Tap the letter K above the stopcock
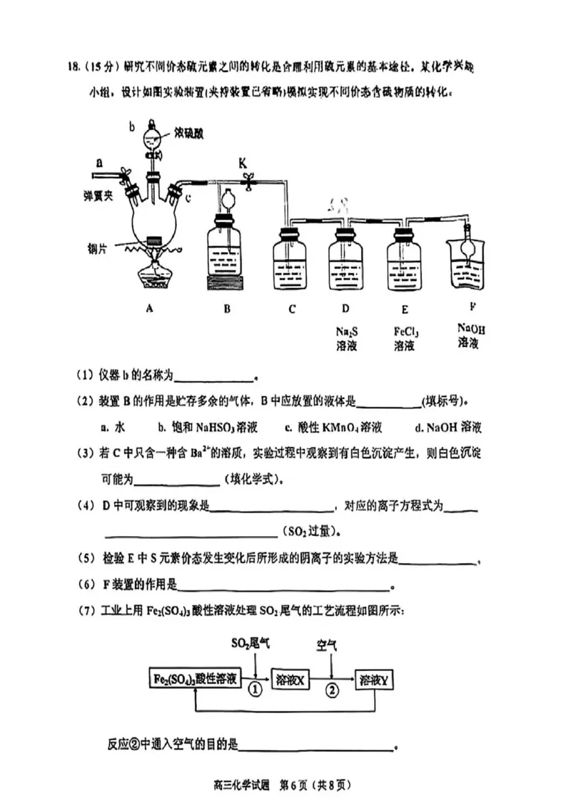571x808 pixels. (x=243, y=163)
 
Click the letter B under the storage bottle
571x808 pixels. (x=226, y=308)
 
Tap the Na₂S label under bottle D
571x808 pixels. (x=345, y=330)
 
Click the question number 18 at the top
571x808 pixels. (x=71, y=67)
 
